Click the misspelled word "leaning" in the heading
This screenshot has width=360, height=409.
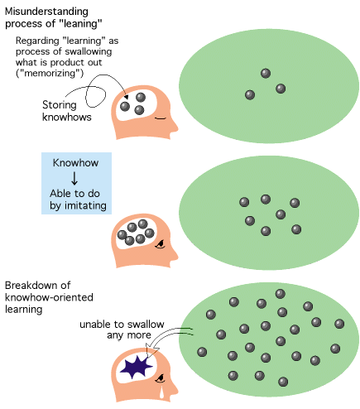[x=81, y=24]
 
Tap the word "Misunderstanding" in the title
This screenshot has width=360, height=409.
[x=46, y=12]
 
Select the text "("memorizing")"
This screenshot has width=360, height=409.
[x=50, y=74]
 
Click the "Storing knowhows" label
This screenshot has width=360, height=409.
[x=67, y=111]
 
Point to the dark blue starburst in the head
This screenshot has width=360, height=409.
[x=136, y=367]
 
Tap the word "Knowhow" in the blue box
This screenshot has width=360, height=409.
[x=75, y=163]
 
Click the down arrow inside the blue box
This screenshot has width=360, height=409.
[x=74, y=178]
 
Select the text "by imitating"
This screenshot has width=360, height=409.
[x=78, y=206]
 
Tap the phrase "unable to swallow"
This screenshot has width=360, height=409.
[x=122, y=325]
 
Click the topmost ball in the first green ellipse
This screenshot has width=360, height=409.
[x=266, y=74]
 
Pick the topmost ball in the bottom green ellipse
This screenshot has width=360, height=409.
[x=281, y=294]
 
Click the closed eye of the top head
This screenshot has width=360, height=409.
[x=161, y=118]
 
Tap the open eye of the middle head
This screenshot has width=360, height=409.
[x=160, y=244]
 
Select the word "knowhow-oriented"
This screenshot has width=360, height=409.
[x=49, y=297]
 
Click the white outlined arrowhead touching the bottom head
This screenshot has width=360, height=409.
[x=151, y=351]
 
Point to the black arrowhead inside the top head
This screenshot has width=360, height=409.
[x=126, y=97]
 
